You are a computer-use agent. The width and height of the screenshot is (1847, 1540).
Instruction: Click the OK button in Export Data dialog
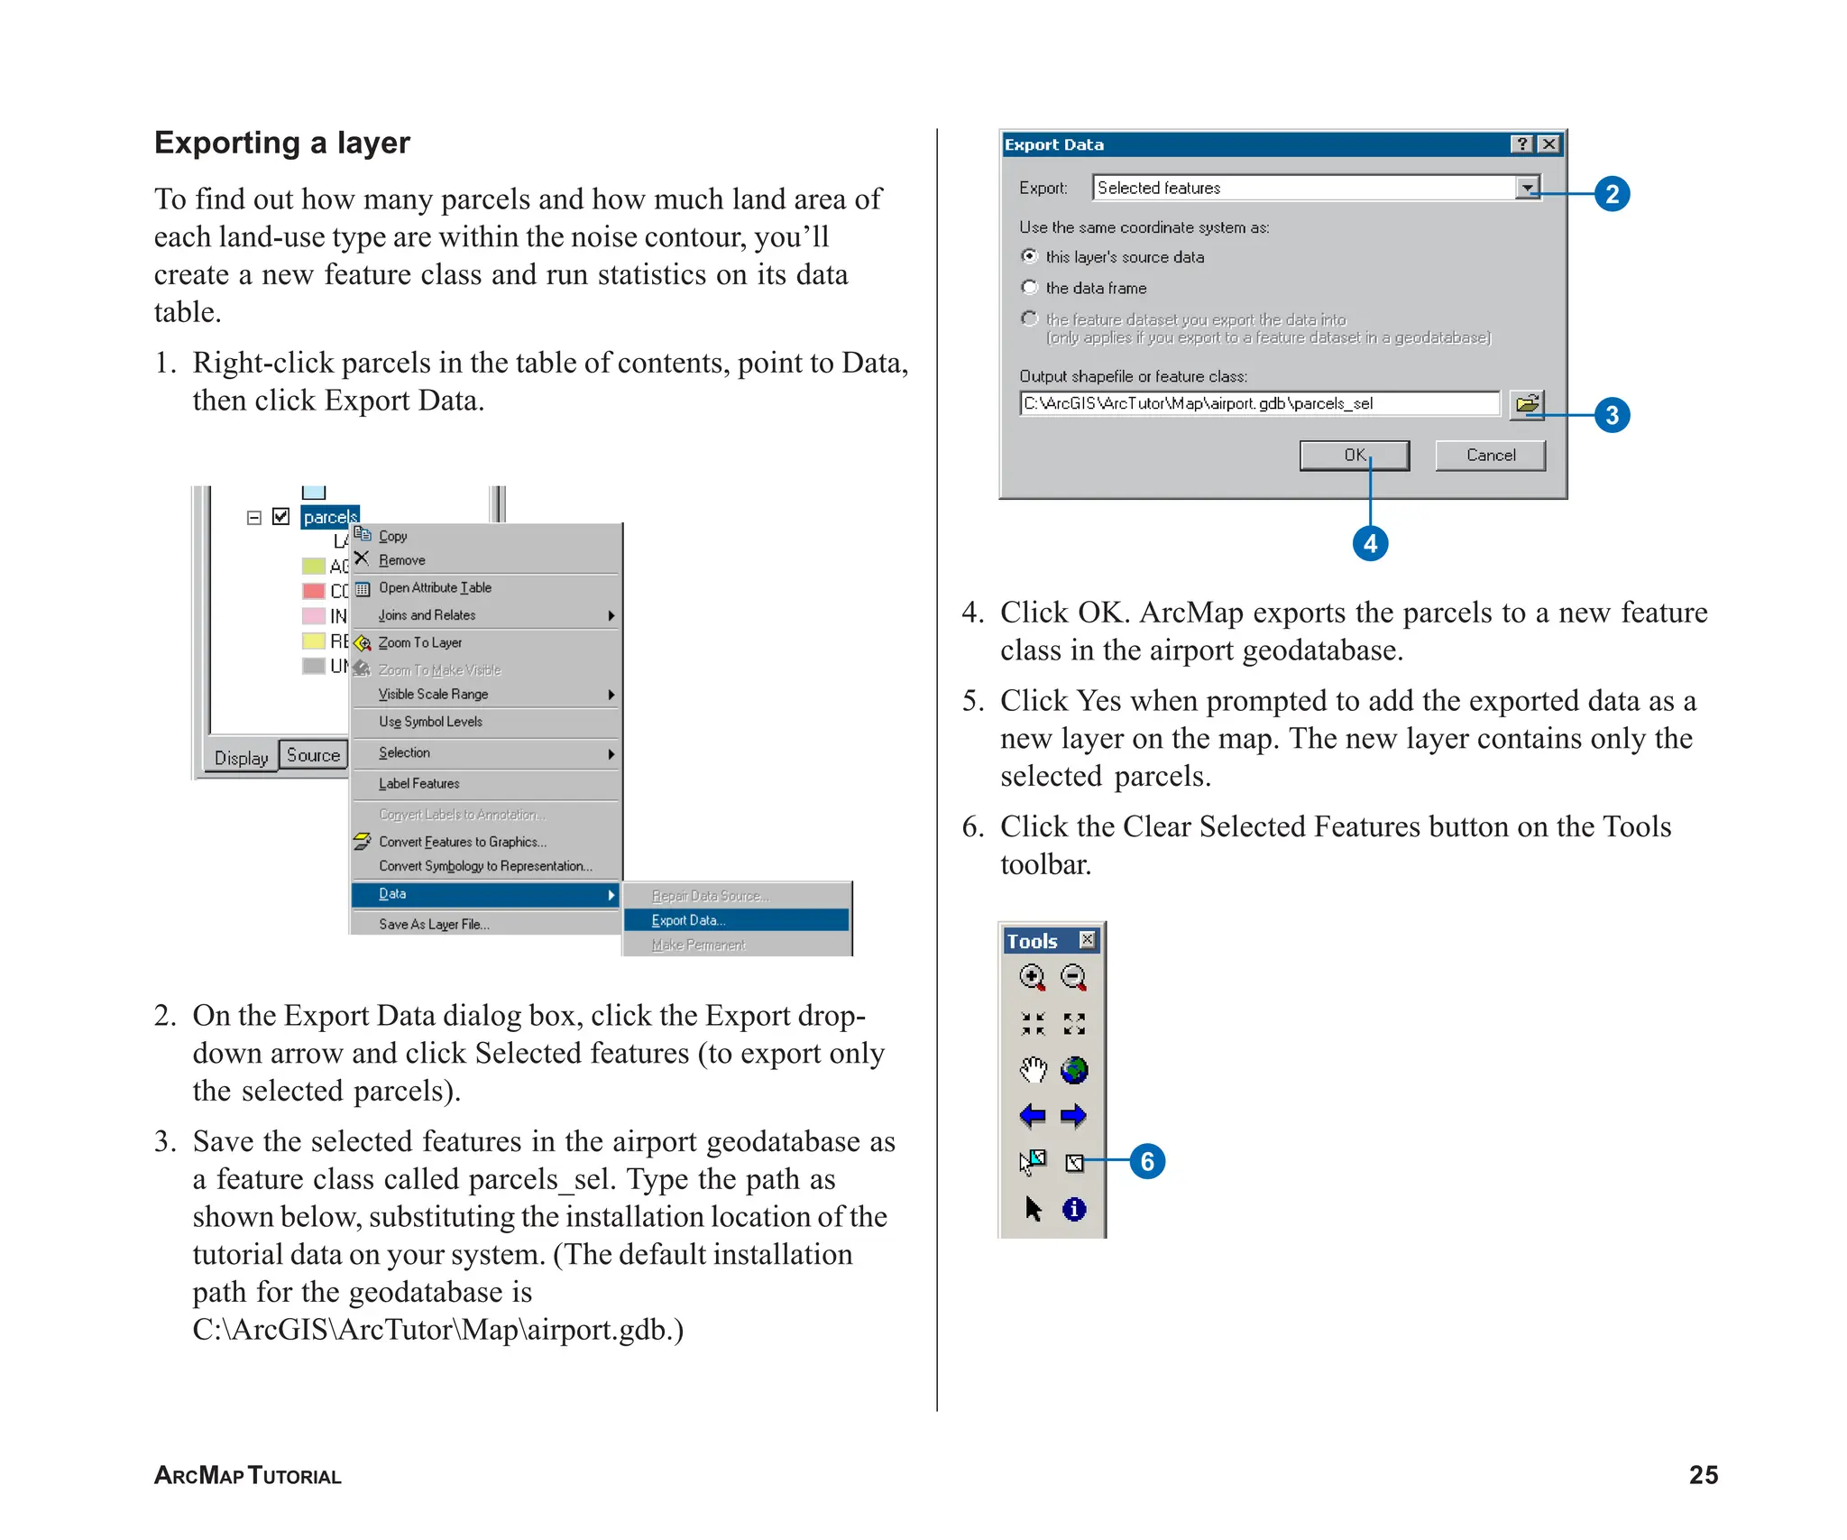(1354, 456)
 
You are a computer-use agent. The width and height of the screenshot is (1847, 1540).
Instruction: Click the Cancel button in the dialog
(1490, 456)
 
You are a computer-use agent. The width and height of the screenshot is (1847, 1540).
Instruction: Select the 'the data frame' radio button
(1029, 288)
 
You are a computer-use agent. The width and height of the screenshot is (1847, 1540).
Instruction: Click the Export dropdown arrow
(1527, 188)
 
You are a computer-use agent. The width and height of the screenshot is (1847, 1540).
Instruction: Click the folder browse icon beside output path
(1527, 403)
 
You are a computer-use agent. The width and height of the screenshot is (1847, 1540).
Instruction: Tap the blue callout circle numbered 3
(1612, 415)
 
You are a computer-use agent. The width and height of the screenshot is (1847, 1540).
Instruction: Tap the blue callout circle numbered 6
(1147, 1161)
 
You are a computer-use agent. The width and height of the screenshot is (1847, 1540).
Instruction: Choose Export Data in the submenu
(688, 920)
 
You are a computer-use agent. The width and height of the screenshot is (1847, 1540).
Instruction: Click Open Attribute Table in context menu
(435, 588)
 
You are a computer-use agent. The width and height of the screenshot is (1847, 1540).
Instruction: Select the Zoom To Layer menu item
(420, 643)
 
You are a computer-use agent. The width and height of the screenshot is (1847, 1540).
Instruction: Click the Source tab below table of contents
(313, 756)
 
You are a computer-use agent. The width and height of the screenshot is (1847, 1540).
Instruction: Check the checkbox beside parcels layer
(280, 517)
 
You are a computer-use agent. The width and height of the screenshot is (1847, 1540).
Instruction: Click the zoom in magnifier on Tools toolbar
(1032, 977)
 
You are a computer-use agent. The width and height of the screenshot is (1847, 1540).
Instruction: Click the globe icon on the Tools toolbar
(1073, 1071)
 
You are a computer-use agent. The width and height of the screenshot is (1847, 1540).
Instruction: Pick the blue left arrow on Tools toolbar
(1032, 1116)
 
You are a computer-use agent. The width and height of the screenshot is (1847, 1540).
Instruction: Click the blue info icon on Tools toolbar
(1073, 1209)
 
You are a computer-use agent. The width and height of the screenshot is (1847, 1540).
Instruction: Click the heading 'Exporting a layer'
(282, 143)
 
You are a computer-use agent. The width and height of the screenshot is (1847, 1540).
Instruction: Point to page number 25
(1703, 1475)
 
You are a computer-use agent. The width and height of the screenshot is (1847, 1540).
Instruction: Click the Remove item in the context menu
(401, 560)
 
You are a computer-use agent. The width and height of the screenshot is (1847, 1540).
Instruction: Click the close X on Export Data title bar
(1548, 144)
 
